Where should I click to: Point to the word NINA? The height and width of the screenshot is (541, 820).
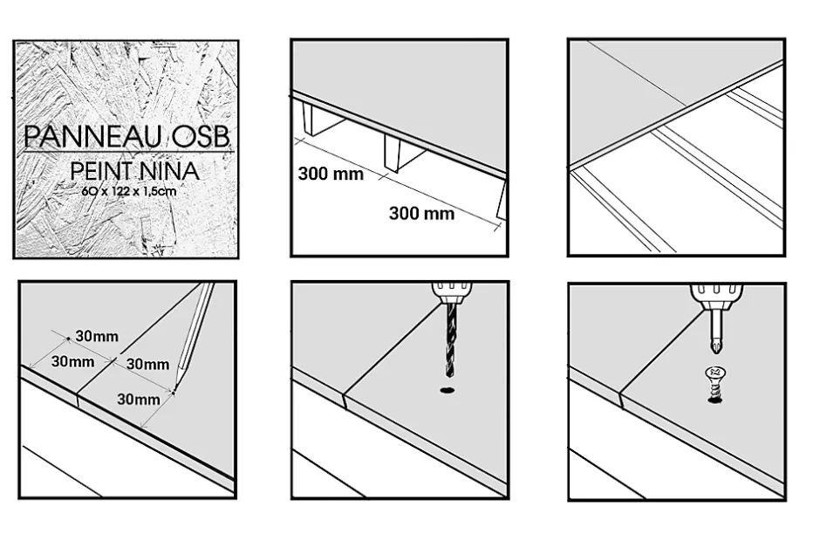point(173,172)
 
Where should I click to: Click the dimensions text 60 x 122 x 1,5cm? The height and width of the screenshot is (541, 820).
point(125,191)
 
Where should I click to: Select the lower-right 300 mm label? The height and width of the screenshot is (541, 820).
point(421,213)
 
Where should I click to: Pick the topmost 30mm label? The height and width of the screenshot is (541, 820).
point(97,336)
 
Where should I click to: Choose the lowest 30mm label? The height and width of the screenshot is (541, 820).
point(137,400)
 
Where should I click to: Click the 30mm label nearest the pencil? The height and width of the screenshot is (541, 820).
point(148,365)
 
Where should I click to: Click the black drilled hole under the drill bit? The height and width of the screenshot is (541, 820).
point(448,390)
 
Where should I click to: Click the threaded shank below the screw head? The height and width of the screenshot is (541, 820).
point(714,392)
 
